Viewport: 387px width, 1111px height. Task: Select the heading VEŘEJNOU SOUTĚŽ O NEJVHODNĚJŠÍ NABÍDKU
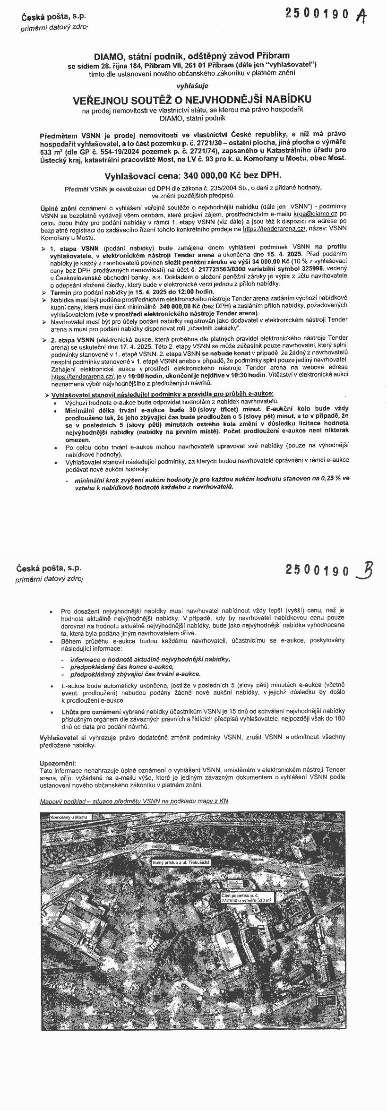pyautogui.click(x=192, y=100)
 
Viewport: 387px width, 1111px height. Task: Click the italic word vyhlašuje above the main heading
pyautogui.click(x=192, y=86)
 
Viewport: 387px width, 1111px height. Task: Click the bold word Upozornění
pyautogui.click(x=58, y=763)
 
